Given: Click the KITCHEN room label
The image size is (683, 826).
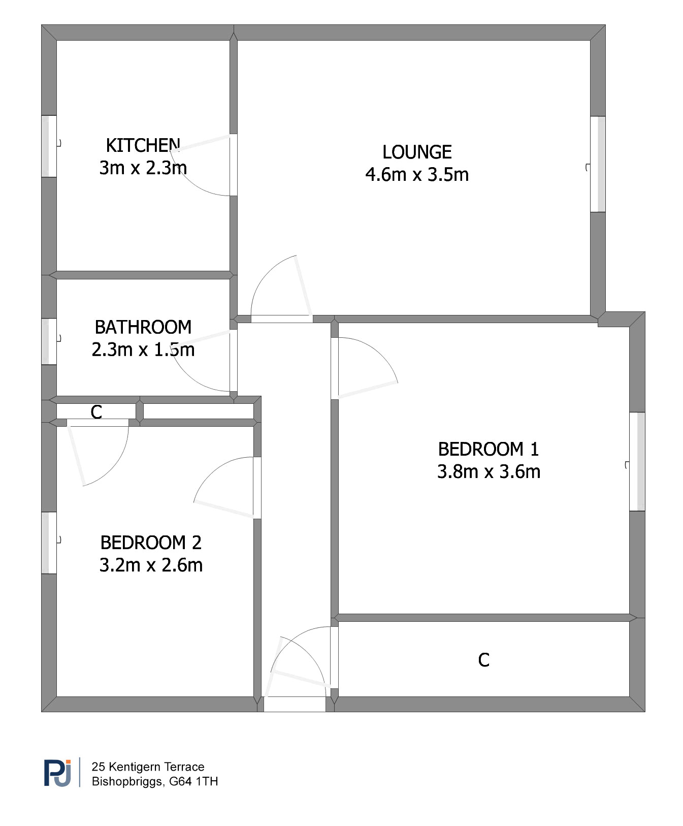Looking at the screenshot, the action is [x=143, y=145].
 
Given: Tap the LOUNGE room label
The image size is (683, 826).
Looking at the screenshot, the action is [x=417, y=152].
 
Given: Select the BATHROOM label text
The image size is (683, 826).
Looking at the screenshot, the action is [x=143, y=327].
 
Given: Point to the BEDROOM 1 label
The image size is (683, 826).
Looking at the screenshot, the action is [x=489, y=449].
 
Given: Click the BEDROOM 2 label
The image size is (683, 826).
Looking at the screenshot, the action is [x=151, y=543].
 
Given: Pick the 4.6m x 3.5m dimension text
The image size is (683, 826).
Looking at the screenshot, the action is [x=417, y=174].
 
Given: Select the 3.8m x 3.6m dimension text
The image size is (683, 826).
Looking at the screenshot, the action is [x=489, y=471].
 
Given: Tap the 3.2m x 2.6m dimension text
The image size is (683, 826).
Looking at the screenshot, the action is [x=151, y=565].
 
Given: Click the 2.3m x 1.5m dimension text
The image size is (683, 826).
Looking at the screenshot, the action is [x=143, y=350].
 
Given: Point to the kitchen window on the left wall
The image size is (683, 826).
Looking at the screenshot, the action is [x=49, y=146].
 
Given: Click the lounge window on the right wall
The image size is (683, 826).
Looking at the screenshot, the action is [x=598, y=164].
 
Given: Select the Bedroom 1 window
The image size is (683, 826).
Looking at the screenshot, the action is [x=637, y=461].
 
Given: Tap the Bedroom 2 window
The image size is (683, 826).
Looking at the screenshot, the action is [x=49, y=543].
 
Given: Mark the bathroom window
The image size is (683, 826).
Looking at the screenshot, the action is [x=49, y=341].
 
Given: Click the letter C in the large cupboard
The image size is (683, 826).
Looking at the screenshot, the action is [x=484, y=660].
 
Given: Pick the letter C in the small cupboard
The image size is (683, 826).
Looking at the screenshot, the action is [x=96, y=412].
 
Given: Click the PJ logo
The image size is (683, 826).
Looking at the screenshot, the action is [x=57, y=773].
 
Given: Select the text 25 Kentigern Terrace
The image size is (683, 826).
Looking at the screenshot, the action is [x=148, y=767].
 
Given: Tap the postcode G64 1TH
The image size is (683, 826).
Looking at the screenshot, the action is [x=193, y=781].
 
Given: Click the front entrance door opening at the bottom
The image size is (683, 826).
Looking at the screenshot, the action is [x=295, y=704].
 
